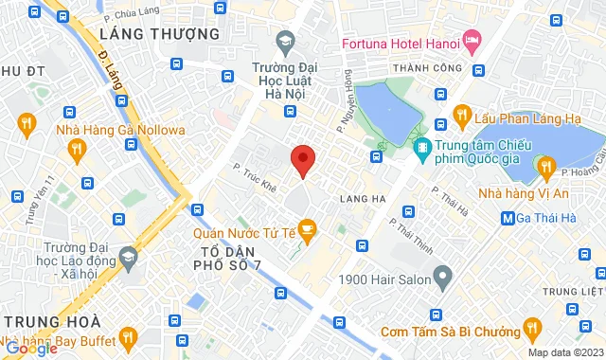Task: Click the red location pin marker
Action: point(302,161)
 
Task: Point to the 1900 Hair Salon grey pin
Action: point(441,277)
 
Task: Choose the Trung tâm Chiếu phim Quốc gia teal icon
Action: point(422,148)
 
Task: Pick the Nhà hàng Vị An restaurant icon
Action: point(545,168)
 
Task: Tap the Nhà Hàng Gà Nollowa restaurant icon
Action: point(27,122)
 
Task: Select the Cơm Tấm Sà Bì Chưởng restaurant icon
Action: point(532,331)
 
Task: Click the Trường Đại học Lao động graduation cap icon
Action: point(130,256)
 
